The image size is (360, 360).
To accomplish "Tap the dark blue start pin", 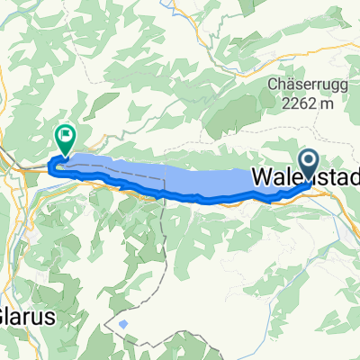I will point(308,163).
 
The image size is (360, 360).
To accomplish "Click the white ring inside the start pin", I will point(308,161).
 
